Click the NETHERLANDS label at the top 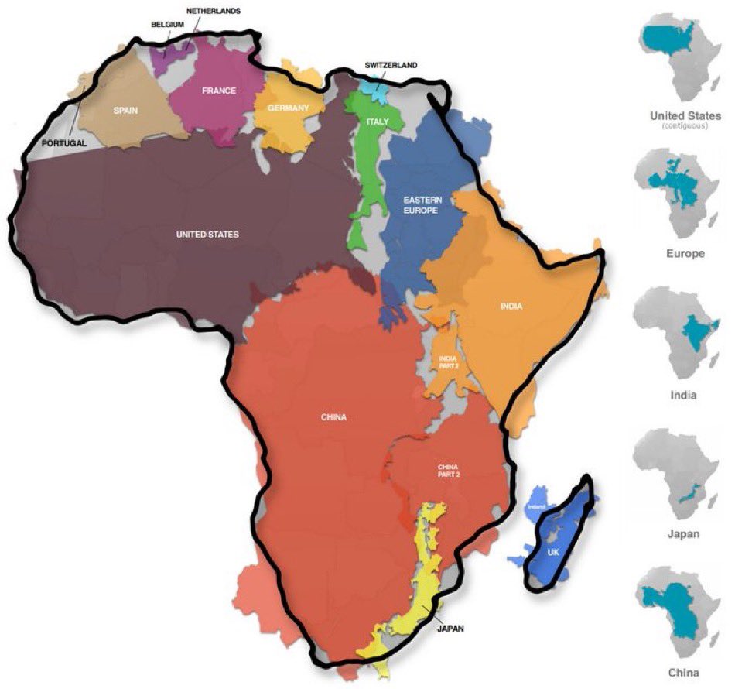coord(214,11)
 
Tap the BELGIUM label coord(168,24)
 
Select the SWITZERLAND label coord(391,65)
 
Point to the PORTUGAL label coord(64,143)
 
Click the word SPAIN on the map coord(125,111)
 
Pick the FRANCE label coord(219,91)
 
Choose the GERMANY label coord(289,108)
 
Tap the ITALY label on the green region coord(378,122)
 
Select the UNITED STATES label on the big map coord(208,235)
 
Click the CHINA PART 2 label coord(449,471)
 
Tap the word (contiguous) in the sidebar coord(680,126)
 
